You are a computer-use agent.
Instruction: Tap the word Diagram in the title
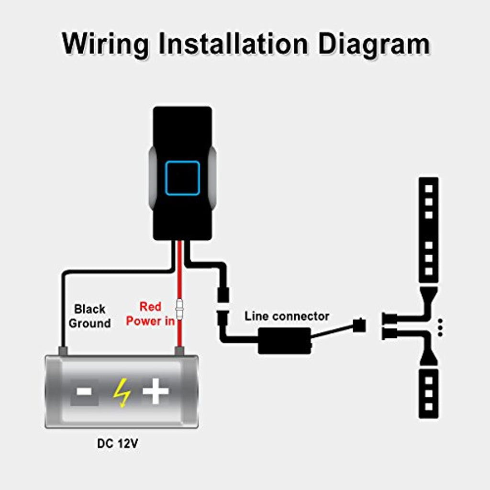374,44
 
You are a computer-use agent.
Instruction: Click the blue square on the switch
182,178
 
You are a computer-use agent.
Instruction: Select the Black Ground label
89,316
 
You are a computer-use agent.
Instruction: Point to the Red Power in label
150,314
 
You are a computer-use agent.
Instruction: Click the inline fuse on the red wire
180,310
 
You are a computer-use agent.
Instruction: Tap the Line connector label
287,316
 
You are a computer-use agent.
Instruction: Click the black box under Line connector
284,341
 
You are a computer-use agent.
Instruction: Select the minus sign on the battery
84,391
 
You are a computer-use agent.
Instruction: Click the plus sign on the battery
156,391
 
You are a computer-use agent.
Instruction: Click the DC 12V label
118,444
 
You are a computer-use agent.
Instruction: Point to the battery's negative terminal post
62,351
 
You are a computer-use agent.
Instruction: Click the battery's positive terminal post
180,351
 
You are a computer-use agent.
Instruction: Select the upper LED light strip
428,230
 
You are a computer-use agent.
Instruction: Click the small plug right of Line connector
358,325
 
